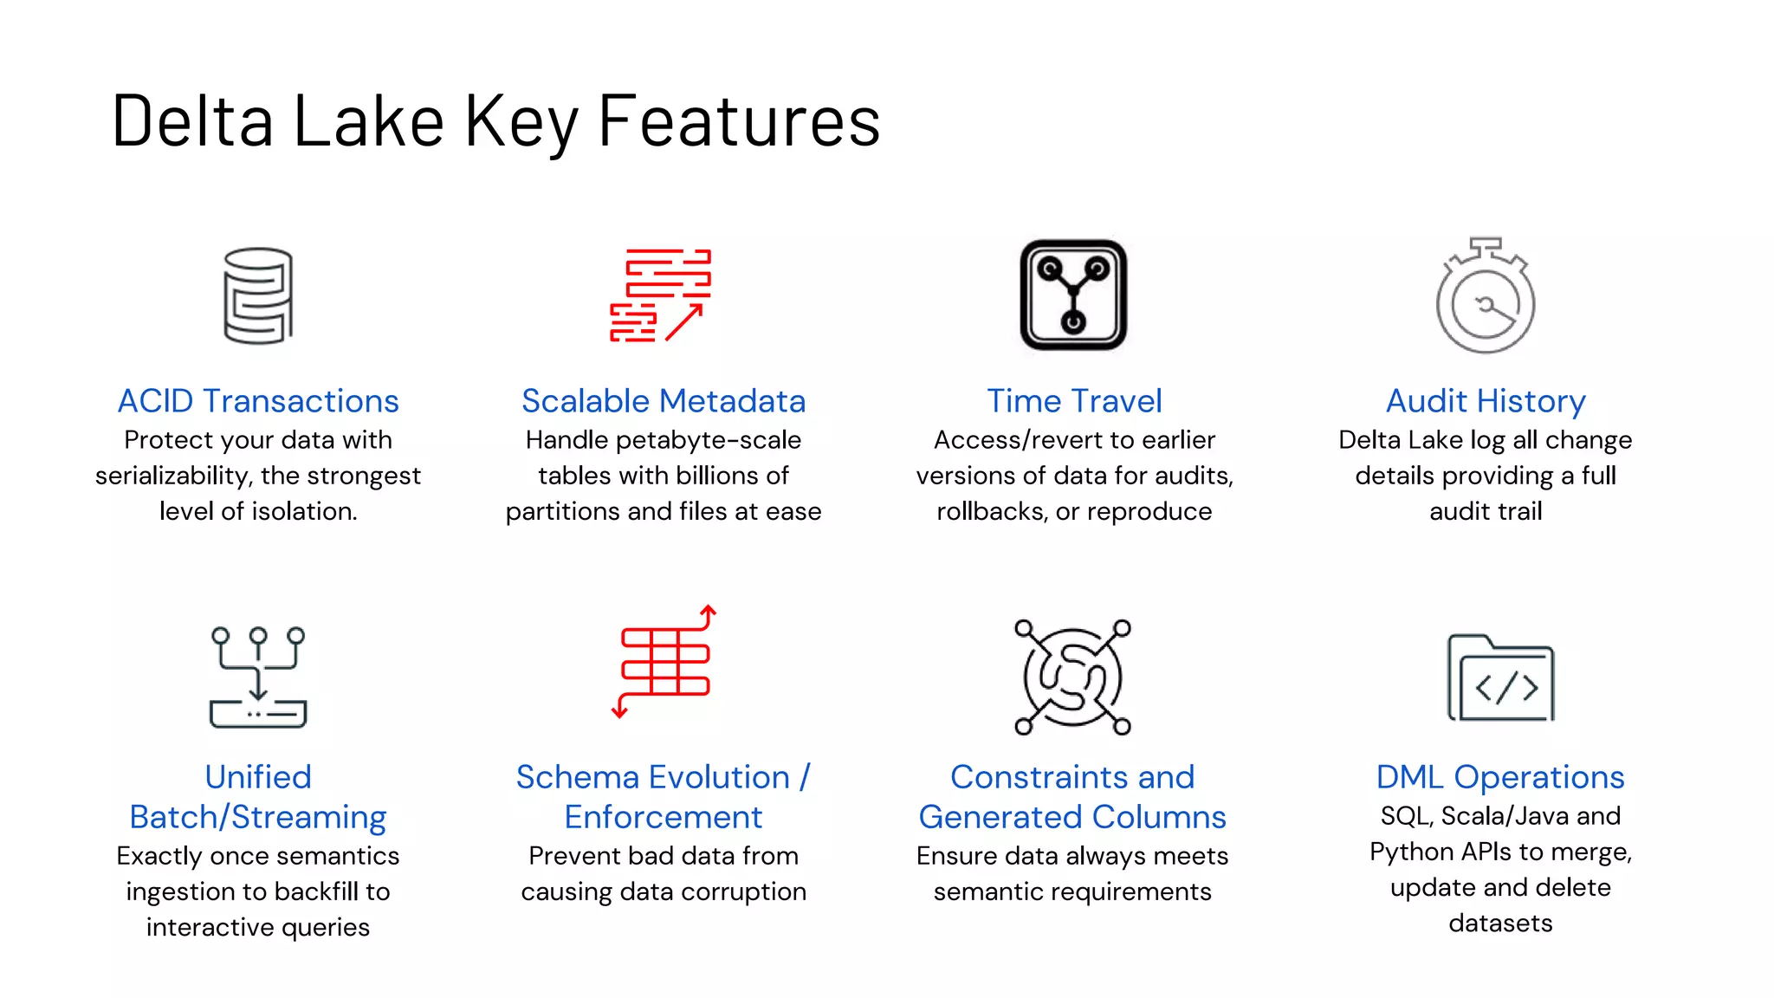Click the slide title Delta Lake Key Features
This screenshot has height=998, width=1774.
pos(495,121)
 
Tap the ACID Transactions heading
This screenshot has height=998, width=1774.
pos(258,401)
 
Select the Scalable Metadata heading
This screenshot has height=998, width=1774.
pos(664,401)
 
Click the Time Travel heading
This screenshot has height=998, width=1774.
pos(1074,401)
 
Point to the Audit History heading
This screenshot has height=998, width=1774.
pos(1486,401)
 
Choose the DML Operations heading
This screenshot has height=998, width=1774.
pos(1500,777)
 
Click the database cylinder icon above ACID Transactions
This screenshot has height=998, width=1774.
pos(258,295)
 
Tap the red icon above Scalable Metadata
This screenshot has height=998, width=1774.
pos(661,295)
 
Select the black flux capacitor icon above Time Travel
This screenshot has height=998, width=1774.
pos(1073,295)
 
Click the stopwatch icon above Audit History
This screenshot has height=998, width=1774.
pos(1486,297)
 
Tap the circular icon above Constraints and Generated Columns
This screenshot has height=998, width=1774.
pos(1072,677)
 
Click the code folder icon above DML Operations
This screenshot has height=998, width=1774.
pos(1501,678)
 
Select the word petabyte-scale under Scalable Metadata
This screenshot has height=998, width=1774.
pos(709,440)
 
